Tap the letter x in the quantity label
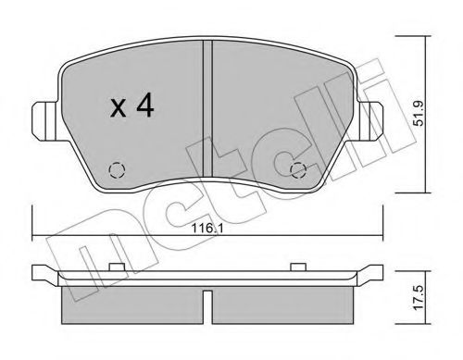point(119,110)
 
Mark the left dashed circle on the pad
point(115,169)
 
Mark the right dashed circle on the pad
point(298,169)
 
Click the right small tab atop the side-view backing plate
point(297,269)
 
